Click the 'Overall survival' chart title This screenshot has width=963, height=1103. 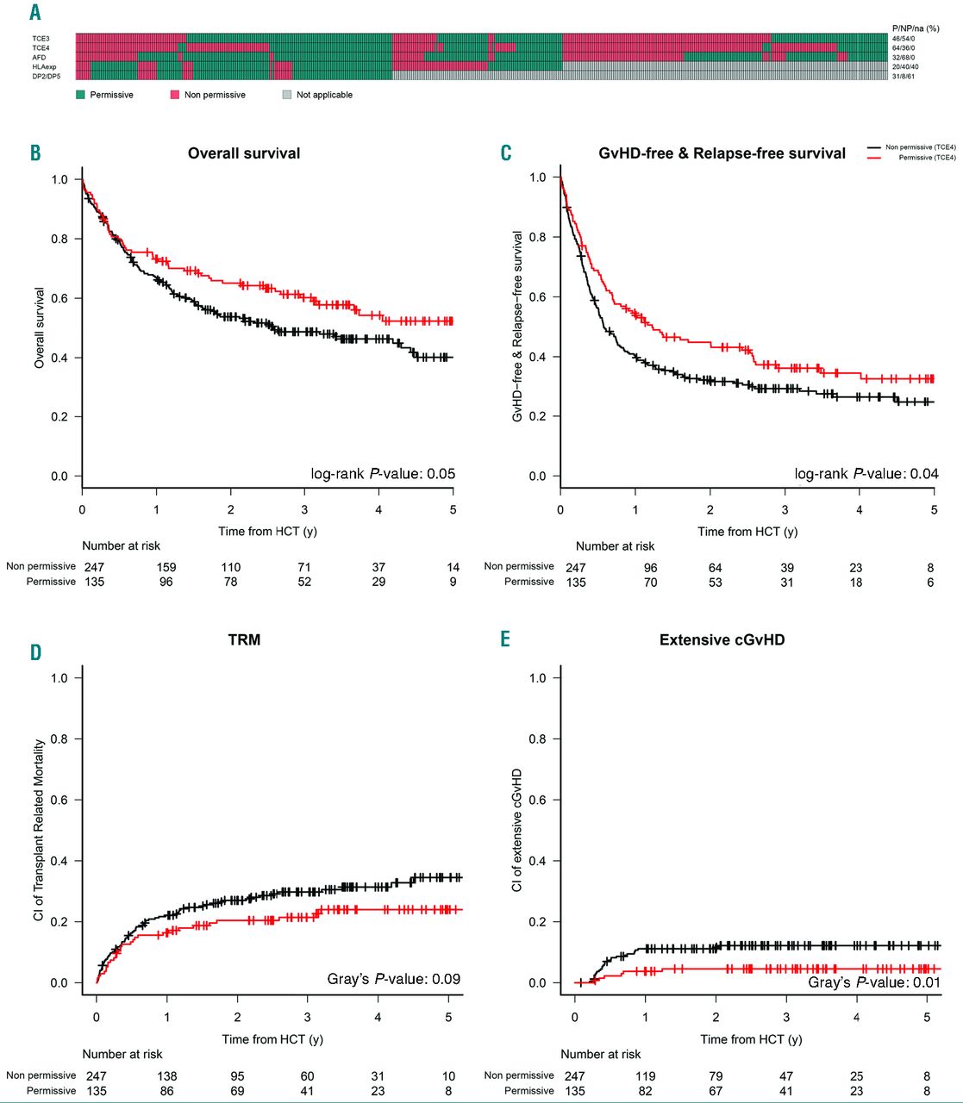pos(244,153)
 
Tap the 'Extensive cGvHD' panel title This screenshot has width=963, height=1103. pos(722,640)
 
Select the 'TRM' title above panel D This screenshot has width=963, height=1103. pos(244,640)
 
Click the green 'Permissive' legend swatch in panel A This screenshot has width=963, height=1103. pos(81,95)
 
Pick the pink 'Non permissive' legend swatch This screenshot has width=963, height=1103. pos(175,95)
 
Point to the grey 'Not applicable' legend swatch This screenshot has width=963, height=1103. pos(287,95)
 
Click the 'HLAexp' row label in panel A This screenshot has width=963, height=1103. pos(44,67)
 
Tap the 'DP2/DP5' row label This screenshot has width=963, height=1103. pos(47,77)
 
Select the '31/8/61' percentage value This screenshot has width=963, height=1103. pos(904,77)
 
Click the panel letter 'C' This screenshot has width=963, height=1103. pos(506,153)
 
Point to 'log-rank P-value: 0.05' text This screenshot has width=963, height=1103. pos(383,474)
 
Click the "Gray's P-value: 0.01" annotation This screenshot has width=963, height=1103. pos(873,982)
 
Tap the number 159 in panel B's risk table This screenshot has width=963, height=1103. pos(166,567)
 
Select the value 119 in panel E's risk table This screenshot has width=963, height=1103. pos(645,1076)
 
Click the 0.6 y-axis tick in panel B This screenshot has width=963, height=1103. pos(59,298)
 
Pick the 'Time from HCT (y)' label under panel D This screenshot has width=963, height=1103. pos(272,1039)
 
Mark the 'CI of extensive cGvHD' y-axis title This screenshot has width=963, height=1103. pos(517,831)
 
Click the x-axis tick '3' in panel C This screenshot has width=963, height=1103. pos(785,510)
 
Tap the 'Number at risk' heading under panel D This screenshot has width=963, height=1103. pos(122,1054)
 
